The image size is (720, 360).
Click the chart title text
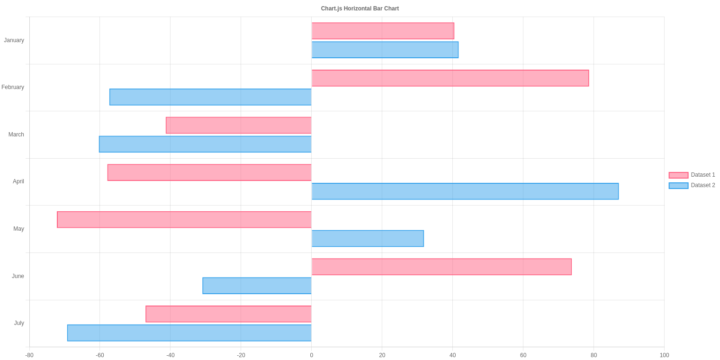tap(360, 9)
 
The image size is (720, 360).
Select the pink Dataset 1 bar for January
tap(383, 31)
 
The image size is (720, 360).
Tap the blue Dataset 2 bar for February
tap(210, 97)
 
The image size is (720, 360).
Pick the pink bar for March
tap(239, 126)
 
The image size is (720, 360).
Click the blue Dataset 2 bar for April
tap(465, 191)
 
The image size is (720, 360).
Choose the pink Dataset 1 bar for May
tap(184, 220)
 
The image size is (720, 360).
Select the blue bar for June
tap(257, 286)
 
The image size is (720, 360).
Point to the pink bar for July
tap(228, 314)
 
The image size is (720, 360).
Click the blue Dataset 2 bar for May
tap(368, 238)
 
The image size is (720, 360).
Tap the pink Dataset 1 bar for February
tap(450, 78)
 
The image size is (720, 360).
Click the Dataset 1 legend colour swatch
tap(678, 175)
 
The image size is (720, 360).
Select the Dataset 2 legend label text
tap(703, 185)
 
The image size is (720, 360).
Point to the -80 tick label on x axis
tap(29, 355)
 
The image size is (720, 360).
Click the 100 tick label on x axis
tap(664, 355)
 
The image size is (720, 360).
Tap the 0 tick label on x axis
tap(311, 355)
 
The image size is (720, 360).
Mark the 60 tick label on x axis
tap(523, 355)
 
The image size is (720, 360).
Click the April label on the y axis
tap(18, 181)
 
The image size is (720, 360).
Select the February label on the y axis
tap(13, 87)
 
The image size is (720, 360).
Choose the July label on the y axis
tap(19, 323)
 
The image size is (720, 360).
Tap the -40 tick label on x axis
tap(170, 355)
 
